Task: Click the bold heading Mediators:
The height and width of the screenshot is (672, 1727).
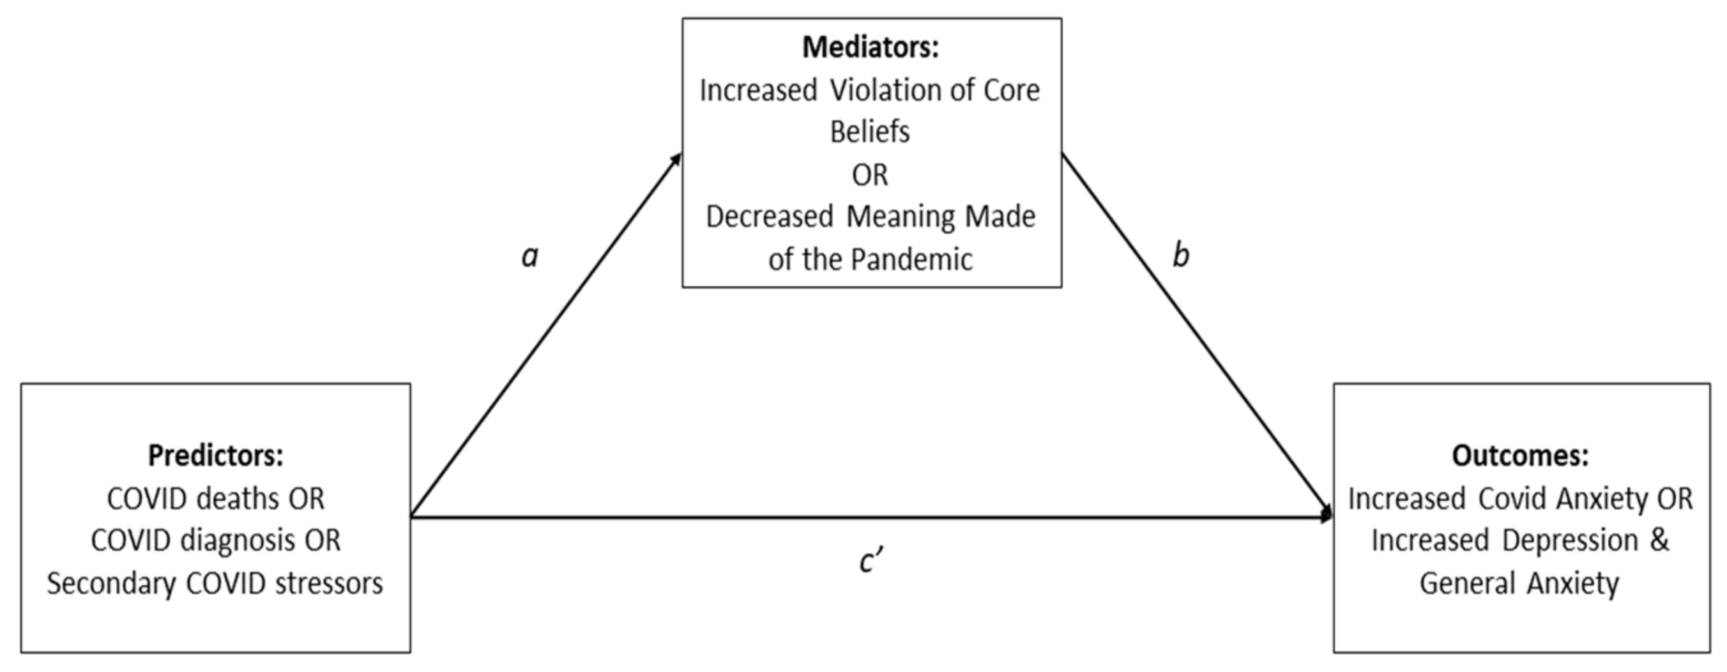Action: pos(870,48)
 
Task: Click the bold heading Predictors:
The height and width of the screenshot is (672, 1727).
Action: pos(215,456)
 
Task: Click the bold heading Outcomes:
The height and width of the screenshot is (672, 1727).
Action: pos(1520,456)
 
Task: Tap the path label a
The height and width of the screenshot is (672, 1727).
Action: pos(529,256)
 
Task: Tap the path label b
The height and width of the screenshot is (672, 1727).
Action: pos(1181,256)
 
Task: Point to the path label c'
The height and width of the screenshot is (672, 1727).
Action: pos(871,561)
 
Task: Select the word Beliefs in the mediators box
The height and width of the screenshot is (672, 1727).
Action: pos(869,132)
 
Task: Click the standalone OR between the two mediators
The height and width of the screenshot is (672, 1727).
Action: pos(869,176)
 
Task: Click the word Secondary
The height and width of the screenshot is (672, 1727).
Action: pos(110,583)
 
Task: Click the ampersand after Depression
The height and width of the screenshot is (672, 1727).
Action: pos(1659,540)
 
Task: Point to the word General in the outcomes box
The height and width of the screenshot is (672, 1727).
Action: pos(1467,583)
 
